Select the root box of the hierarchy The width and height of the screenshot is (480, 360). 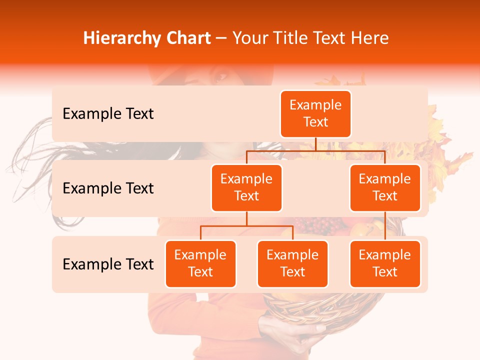click(x=315, y=114)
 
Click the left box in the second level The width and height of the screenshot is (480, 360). click(x=246, y=187)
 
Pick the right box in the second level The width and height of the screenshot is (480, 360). click(x=385, y=187)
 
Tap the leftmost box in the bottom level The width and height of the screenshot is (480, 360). click(x=200, y=263)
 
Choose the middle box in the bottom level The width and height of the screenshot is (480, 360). click(x=292, y=263)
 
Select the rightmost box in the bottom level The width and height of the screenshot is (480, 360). click(x=385, y=263)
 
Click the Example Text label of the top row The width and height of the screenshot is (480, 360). click(x=108, y=114)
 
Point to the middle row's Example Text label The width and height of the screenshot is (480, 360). click(x=108, y=188)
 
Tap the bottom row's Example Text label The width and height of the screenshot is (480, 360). click(x=108, y=264)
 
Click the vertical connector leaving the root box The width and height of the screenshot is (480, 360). click(x=315, y=144)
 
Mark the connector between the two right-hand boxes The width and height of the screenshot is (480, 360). click(x=385, y=225)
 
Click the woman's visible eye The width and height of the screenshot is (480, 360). click(x=220, y=78)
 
